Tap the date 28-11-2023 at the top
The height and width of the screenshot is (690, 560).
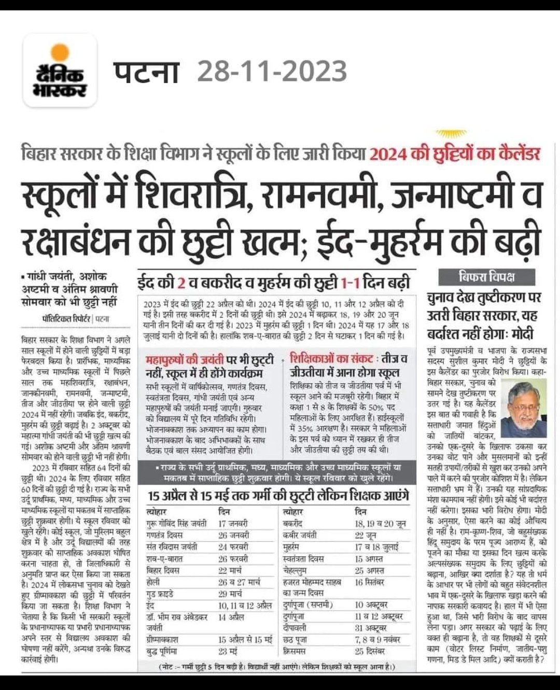pyautogui.click(x=272, y=71)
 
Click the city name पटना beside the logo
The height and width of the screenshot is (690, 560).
pyautogui.click(x=147, y=71)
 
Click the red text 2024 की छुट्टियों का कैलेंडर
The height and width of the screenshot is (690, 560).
pyautogui.click(x=456, y=154)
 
